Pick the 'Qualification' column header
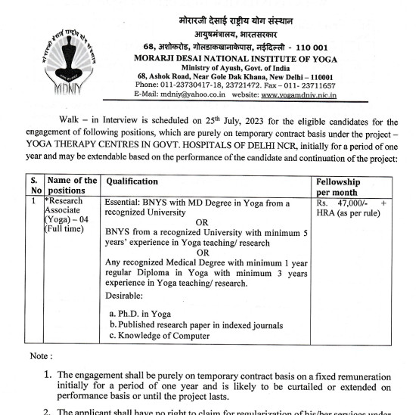tap(132, 181)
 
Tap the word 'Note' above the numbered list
tap(39, 356)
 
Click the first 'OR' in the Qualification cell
tap(202, 222)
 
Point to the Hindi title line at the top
tap(236, 20)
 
